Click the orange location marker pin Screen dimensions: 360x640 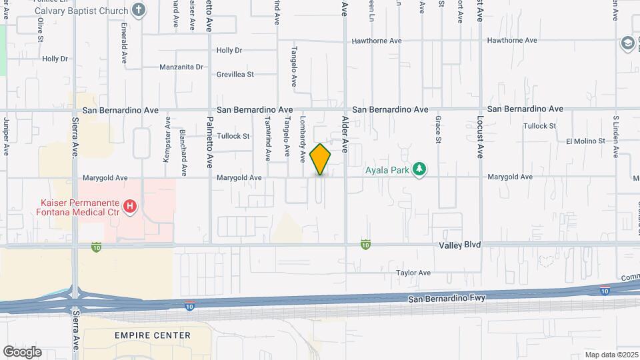coord(321,159)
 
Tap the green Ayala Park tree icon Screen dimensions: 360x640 coord(419,170)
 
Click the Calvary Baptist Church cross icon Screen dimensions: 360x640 coord(138,9)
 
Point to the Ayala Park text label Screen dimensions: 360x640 coord(387,170)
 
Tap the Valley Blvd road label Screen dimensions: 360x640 coord(459,245)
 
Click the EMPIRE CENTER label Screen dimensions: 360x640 coord(153,335)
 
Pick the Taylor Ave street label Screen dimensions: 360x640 coord(413,273)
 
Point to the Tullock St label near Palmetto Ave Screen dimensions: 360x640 coord(233,136)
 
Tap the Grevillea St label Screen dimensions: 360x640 coord(235,74)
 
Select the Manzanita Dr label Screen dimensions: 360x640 coord(181,67)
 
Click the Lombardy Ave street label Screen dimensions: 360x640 coord(303,139)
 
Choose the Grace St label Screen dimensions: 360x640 coord(438,129)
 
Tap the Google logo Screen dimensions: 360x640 coord(22,351)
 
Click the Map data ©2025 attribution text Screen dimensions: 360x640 coord(611,355)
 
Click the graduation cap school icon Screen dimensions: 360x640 coord(627,43)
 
